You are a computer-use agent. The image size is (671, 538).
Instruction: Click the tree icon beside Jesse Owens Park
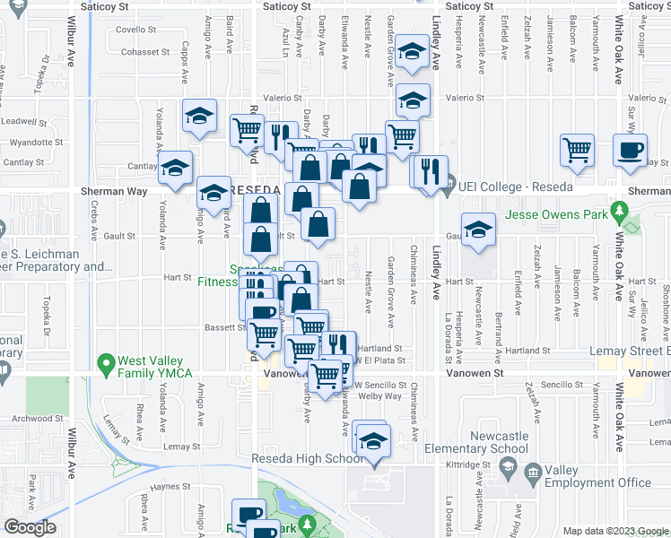pos(618,213)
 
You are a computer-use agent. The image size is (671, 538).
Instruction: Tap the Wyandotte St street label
pos(36,142)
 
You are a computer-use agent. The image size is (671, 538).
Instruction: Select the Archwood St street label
pos(39,418)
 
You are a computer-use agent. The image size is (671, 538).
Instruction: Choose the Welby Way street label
pos(380,395)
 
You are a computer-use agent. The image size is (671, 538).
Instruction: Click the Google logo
pos(30,527)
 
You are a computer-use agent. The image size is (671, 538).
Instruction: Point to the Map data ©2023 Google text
pos(614,531)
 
